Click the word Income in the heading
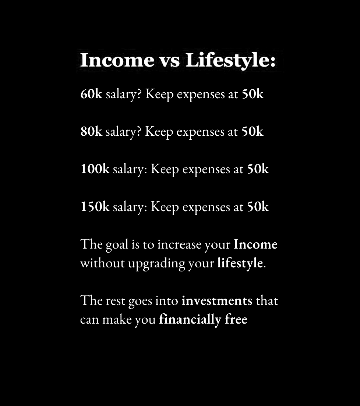click(x=117, y=60)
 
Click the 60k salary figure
click(x=92, y=94)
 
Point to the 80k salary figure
click(x=92, y=131)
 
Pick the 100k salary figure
click(x=95, y=169)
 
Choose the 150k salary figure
click(x=95, y=207)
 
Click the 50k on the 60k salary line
click(x=253, y=94)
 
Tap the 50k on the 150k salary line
click(x=258, y=207)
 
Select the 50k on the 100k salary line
click(x=258, y=169)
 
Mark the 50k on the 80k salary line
click(x=253, y=131)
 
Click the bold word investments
click(x=217, y=300)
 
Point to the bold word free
click(x=236, y=319)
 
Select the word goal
click(x=117, y=245)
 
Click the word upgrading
click(x=156, y=264)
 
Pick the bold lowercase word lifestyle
click(x=240, y=263)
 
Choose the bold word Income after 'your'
click(x=255, y=244)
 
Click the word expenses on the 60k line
click(x=201, y=95)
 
